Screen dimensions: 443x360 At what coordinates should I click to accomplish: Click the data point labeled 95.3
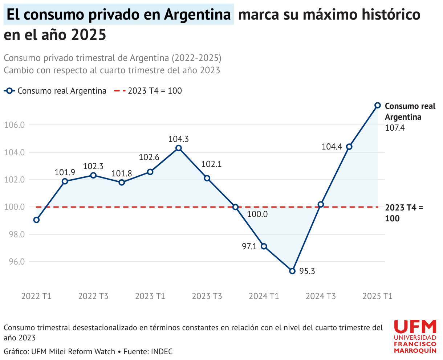pos(292,271)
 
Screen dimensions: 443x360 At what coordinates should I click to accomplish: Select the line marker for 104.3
pos(178,148)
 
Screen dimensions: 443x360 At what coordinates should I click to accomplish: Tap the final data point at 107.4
pos(378,105)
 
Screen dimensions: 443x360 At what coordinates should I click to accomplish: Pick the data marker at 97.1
pos(264,246)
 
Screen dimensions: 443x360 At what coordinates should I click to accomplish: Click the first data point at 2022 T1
pos(36,220)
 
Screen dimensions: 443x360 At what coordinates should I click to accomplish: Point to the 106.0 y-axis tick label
pos(15,125)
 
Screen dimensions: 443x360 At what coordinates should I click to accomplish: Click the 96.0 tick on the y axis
pos(17,262)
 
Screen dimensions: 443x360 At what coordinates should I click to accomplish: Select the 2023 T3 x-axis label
pos(207,296)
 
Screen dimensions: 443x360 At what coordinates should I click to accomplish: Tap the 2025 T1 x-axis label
pos(378,296)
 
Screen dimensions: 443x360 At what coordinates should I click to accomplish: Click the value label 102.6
pos(149,157)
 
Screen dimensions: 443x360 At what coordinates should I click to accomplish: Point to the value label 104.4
pos(332,147)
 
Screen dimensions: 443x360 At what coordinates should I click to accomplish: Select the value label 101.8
pos(122,173)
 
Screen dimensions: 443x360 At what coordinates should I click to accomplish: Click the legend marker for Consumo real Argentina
pos(9,91)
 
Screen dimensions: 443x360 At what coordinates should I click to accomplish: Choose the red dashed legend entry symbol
pos(120,91)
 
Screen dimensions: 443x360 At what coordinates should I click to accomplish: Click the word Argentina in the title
pos(198,15)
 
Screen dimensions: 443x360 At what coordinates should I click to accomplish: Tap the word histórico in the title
pos(391,14)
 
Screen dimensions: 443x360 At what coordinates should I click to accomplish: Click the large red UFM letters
pos(415,327)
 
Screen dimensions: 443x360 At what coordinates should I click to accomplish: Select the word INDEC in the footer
pos(162,352)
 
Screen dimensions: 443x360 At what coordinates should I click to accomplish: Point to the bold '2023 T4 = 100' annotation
pos(404,213)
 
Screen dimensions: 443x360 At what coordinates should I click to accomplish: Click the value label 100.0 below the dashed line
pos(257,214)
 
